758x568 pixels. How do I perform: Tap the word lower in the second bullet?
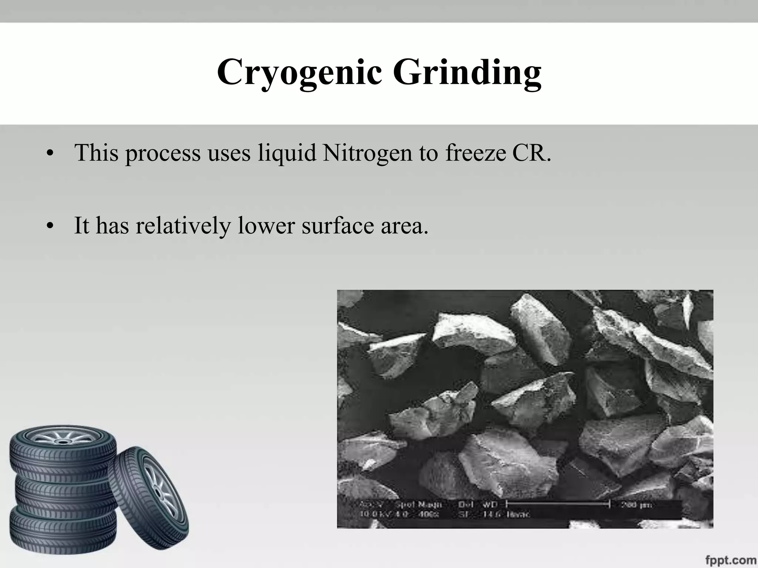coord(266,226)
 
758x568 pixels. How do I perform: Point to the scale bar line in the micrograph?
coord(557,504)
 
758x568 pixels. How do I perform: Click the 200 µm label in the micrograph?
coord(636,505)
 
